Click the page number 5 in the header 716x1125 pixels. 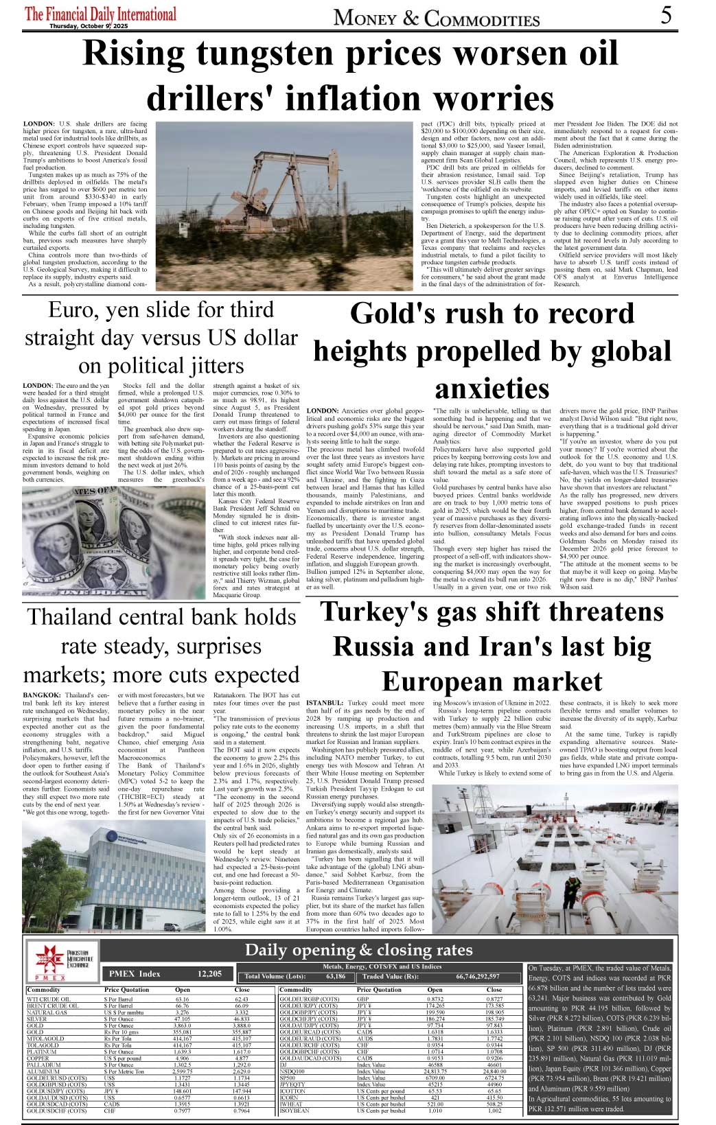pos(666,15)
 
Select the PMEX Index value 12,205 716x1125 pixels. pos(209,973)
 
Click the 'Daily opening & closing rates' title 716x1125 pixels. pos(358,950)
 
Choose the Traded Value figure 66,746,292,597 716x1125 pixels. pos(478,976)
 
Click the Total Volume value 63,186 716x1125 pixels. pos(336,976)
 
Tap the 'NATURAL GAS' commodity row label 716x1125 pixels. pos(47,1012)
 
